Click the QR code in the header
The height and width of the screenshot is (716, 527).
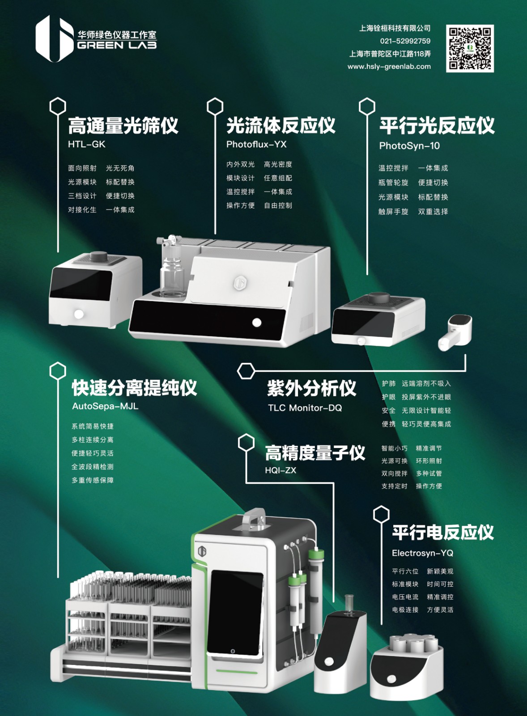click(470, 48)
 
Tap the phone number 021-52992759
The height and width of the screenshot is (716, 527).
click(405, 41)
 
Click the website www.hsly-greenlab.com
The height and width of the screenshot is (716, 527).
click(389, 67)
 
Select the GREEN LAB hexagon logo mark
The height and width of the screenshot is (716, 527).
click(54, 38)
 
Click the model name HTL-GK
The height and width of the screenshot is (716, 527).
click(87, 144)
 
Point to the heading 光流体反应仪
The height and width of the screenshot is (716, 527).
click(281, 125)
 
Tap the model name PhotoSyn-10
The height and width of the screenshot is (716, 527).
click(409, 146)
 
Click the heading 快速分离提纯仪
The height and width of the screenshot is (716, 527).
click(134, 388)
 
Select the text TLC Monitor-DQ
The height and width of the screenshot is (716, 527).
click(305, 408)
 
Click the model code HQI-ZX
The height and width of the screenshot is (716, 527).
click(280, 470)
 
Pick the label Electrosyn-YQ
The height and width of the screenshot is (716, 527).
click(422, 553)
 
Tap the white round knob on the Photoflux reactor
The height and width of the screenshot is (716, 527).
click(256, 322)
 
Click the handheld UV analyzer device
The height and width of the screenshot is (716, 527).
click(455, 332)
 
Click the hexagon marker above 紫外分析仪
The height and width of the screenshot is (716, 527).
click(246, 371)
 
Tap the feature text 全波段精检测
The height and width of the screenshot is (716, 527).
click(92, 467)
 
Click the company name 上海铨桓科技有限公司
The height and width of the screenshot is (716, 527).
click(395, 28)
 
